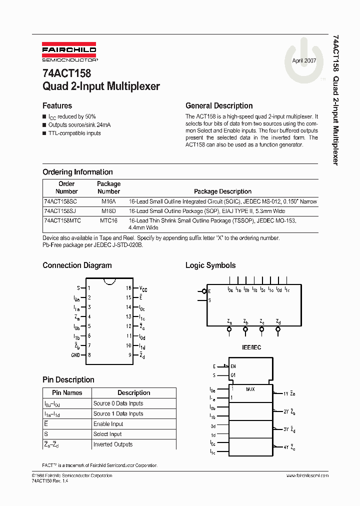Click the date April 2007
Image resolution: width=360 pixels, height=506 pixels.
(x=304, y=59)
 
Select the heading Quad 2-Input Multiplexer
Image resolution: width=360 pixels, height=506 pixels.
(x=101, y=86)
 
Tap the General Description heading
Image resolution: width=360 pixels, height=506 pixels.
(x=219, y=106)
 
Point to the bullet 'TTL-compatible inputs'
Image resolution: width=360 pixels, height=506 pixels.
(x=74, y=133)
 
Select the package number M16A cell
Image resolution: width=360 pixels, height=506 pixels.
(x=108, y=201)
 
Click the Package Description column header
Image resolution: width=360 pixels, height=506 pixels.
(x=222, y=191)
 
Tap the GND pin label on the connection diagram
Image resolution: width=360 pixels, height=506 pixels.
(x=76, y=355)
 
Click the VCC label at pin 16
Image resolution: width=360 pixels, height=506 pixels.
(x=143, y=288)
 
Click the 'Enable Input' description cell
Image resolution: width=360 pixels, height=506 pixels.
(x=108, y=424)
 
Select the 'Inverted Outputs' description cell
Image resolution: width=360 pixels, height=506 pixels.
(x=113, y=444)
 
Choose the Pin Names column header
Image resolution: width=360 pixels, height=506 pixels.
(x=67, y=393)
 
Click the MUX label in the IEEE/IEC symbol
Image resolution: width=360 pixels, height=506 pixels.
(x=250, y=388)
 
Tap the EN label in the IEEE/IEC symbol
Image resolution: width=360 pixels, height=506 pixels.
(x=233, y=366)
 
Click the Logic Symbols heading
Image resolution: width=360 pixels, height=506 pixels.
(x=210, y=265)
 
